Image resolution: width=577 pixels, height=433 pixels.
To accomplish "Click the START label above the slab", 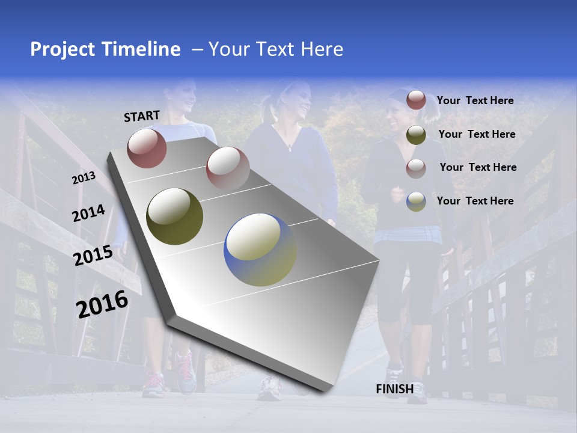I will point(142,116).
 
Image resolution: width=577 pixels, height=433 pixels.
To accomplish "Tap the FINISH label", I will point(394,389).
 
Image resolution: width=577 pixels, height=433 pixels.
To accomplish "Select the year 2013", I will point(84,178).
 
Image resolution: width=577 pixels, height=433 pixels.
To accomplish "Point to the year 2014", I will point(88,213).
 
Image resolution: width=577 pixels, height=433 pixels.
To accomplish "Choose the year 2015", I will point(93,256).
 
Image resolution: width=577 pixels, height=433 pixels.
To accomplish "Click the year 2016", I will point(102,304).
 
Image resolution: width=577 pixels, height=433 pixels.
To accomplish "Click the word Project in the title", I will point(64,49).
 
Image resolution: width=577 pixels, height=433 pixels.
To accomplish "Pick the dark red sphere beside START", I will point(147,148).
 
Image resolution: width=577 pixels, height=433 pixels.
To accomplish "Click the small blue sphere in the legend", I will point(416,201).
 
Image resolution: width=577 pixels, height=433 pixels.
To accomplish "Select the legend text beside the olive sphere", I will point(477,134).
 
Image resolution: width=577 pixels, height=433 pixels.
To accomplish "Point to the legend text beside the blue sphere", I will point(475,201).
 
